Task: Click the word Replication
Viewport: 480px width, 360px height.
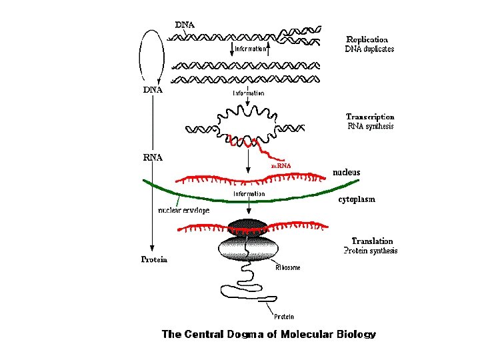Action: tap(367, 39)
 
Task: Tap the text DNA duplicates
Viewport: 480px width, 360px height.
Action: tap(369, 49)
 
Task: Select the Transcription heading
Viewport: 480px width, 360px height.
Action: tap(369, 117)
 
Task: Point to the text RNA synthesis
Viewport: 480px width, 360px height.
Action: tap(371, 126)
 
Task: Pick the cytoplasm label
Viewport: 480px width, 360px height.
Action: tap(356, 199)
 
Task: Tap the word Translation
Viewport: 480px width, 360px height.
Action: tap(372, 241)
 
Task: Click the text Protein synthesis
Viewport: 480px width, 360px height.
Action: tap(370, 251)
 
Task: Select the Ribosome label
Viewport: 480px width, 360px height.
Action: tap(287, 267)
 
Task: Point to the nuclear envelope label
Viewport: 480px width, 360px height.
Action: tap(183, 210)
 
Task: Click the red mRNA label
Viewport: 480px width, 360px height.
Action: tap(281, 165)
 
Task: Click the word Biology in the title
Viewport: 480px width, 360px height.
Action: tap(355, 335)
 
